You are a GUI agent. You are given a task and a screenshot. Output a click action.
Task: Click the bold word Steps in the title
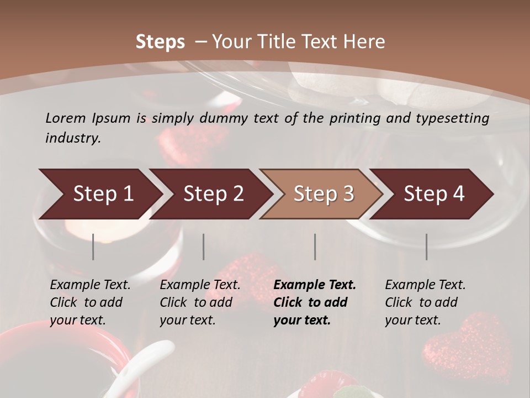click(x=160, y=42)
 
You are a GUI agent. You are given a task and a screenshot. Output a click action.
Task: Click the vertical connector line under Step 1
click(x=93, y=247)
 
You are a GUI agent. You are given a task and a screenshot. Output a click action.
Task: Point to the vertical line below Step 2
click(x=204, y=247)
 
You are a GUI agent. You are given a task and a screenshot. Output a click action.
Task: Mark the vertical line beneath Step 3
click(x=315, y=247)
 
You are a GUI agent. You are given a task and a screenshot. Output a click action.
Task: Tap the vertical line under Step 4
click(x=427, y=247)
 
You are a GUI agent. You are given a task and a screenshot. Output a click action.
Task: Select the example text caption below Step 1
click(x=90, y=302)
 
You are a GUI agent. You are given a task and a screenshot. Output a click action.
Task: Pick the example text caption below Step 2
click(x=200, y=302)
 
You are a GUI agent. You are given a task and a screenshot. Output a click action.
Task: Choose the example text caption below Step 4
click(x=425, y=302)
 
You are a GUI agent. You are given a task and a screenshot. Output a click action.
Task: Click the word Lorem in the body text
click(x=66, y=118)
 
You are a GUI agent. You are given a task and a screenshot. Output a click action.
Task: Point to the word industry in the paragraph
click(x=73, y=138)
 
